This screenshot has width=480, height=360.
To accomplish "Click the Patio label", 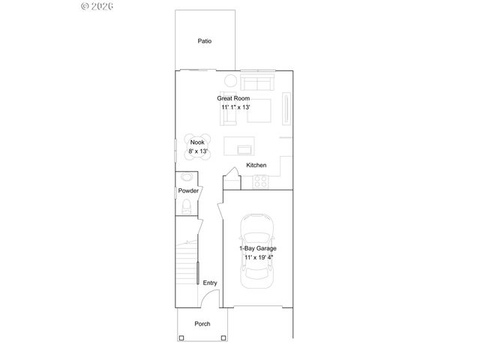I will coord(205,41).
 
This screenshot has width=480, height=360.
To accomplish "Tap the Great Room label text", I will coord(233,98).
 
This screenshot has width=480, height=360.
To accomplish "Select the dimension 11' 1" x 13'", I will coord(235,107).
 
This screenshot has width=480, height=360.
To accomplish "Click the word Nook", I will coord(196,142).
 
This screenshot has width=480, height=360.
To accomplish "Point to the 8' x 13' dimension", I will coord(196,151).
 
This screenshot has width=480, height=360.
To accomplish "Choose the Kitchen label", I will coord(256,165).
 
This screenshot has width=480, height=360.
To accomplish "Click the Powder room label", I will coord(188,191).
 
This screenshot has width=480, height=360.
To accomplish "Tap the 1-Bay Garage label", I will coord(256,248).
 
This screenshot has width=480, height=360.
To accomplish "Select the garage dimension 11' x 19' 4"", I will coord(257,257).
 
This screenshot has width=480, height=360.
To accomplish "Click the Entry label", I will coord(209,283).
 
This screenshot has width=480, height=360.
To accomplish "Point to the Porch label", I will coord(202,324).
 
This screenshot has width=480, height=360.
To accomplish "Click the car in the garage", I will coord(256,249).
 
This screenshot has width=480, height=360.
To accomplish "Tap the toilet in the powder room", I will coord(187,208).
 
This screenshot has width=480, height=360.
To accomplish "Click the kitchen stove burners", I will coord(261,180).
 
